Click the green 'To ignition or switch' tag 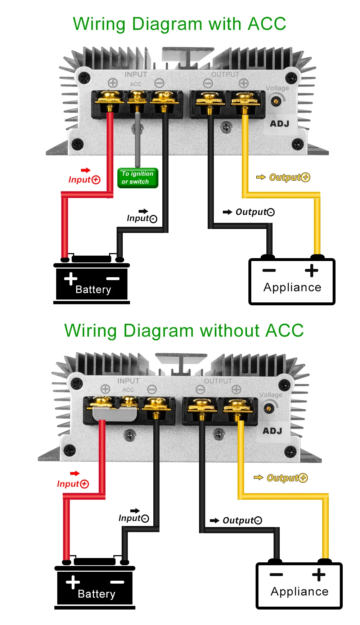pos(138,178)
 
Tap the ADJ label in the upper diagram pos(280,124)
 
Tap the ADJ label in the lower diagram pos(273,431)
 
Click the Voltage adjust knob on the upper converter pos(276,101)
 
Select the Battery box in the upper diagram pos(92,284)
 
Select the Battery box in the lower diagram pos(95,588)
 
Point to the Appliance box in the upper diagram pos(292,282)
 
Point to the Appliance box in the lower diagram pos(299,586)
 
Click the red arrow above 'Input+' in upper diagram pos(86,170)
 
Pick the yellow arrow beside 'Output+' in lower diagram pos(258,477)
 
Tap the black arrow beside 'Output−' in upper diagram pos(228,212)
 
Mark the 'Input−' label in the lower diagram pos(134,518)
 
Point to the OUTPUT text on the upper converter pos(225,75)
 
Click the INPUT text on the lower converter pos(129,381)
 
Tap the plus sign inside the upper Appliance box pos(312,270)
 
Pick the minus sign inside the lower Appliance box pos(276,574)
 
